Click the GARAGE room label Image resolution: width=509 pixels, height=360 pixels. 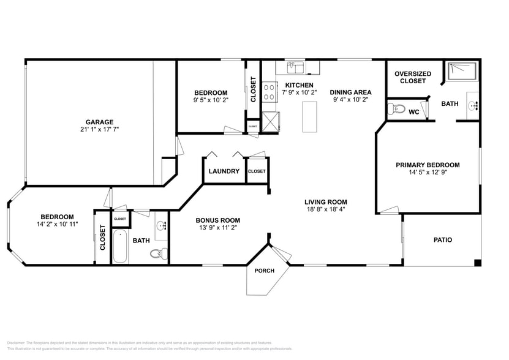pyautogui.click(x=99, y=122)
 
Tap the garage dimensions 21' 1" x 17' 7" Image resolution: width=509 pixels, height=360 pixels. pyautogui.click(x=99, y=130)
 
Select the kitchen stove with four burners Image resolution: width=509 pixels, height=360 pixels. pyautogui.click(x=270, y=92)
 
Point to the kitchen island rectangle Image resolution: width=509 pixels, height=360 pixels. pyautogui.click(x=311, y=116)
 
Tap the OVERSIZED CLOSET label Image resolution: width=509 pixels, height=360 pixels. pyautogui.click(x=412, y=77)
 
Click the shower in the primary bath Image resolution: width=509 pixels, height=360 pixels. pyautogui.click(x=461, y=71)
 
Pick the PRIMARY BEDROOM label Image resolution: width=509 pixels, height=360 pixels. pyautogui.click(x=428, y=165)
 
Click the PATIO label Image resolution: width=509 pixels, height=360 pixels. pyautogui.click(x=442, y=240)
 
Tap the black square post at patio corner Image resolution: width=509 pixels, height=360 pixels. pyautogui.click(x=478, y=263)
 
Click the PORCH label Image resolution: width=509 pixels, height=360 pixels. pyautogui.click(x=264, y=271)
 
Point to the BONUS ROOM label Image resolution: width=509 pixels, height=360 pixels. pyautogui.click(x=217, y=220)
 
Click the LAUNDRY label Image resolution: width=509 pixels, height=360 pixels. pyautogui.click(x=224, y=171)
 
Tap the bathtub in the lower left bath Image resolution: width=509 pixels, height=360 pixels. pyautogui.click(x=120, y=246)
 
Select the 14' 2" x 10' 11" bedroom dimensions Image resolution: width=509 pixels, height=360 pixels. pyautogui.click(x=57, y=224)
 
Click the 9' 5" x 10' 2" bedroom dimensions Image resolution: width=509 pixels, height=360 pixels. pyautogui.click(x=210, y=100)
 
